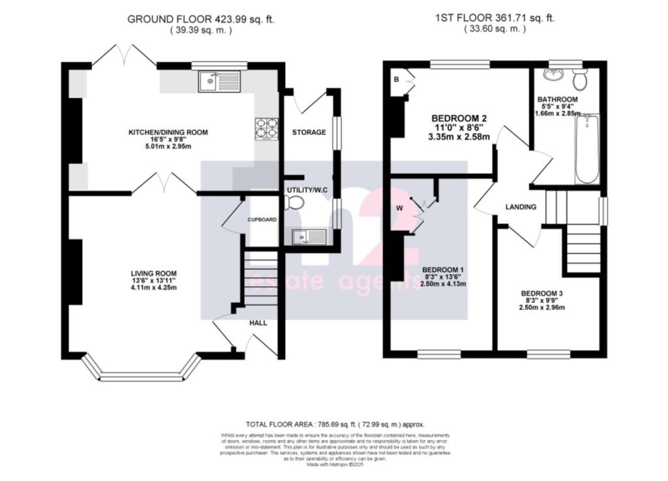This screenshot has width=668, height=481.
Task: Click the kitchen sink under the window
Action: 220,81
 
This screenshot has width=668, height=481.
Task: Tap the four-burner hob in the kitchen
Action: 266,128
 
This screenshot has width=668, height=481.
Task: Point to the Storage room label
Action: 309,132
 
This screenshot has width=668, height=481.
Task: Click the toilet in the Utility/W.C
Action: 294,204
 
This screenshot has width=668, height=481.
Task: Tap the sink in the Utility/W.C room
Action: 310,236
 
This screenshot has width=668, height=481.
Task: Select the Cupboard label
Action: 263,220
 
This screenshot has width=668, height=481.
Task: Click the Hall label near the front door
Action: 259,322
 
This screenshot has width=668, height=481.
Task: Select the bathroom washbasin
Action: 554,74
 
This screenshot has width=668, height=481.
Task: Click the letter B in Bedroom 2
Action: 395,80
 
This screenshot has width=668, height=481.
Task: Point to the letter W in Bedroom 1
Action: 399,209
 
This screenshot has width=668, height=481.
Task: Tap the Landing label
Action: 521,207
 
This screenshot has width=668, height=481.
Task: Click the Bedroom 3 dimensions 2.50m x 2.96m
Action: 541,308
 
